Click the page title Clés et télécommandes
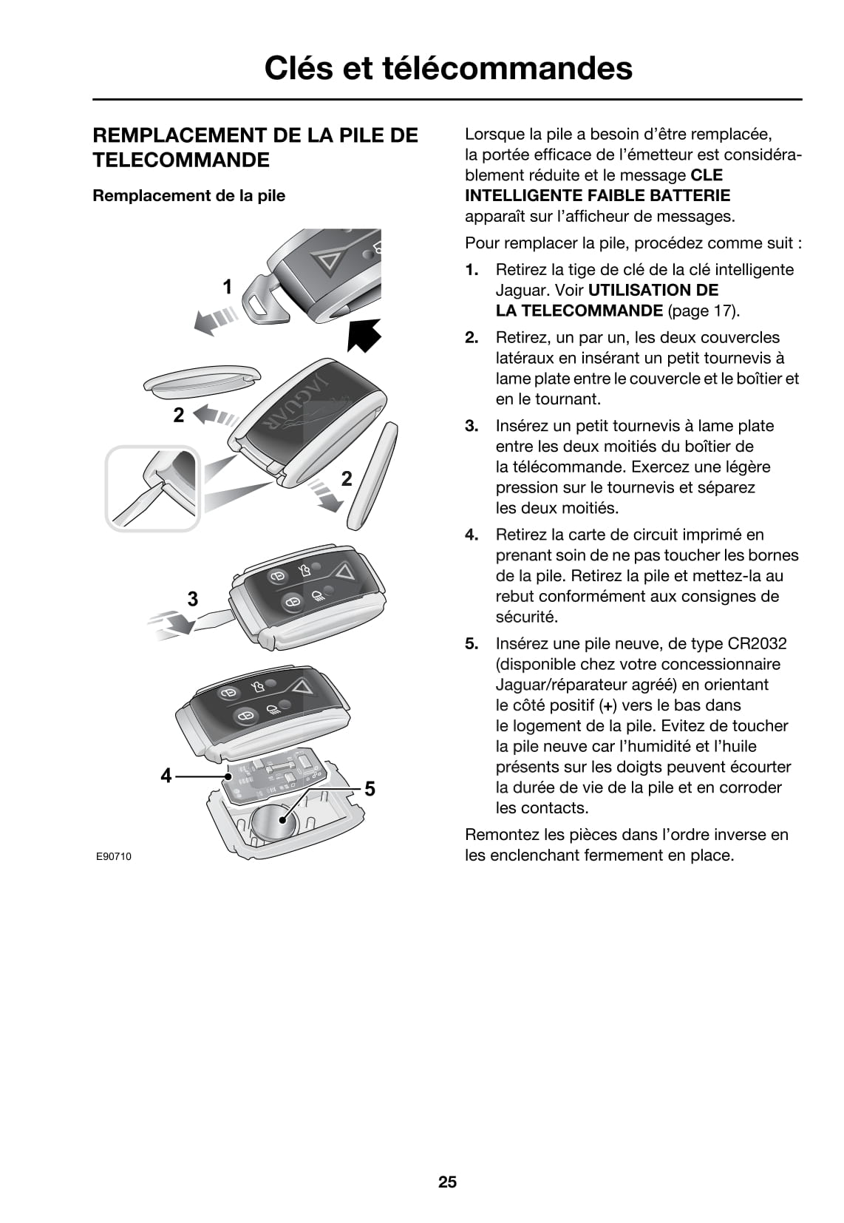448,68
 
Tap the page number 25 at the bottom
447,1182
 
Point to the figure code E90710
113,856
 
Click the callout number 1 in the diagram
228,287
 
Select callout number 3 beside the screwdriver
192,598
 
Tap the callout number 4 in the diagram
166,775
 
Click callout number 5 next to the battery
370,789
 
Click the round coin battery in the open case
272,822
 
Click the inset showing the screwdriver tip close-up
153,488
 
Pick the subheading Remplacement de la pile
188,196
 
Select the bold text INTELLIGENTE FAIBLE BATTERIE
597,196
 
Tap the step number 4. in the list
472,535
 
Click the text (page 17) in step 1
703,311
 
